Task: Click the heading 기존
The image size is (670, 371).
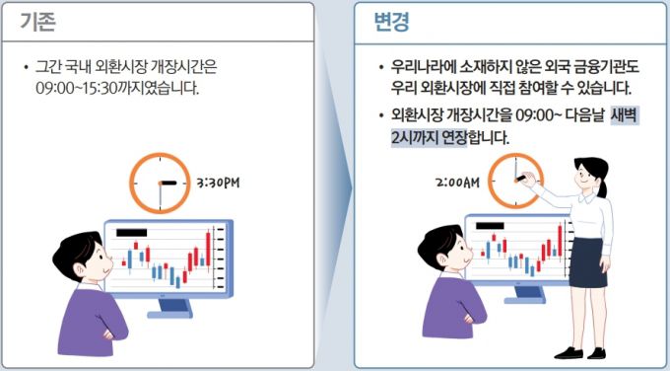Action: (x=38, y=22)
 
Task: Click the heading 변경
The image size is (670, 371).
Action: (x=391, y=22)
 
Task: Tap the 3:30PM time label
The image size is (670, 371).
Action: (x=218, y=184)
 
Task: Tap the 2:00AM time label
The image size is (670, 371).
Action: (x=457, y=183)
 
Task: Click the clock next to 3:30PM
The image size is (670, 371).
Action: (x=160, y=184)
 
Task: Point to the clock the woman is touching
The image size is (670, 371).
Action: (x=515, y=181)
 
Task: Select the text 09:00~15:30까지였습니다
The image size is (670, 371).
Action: (x=117, y=88)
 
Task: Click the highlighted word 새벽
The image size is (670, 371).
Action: (x=625, y=115)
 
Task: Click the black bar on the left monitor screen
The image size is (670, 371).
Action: (x=132, y=233)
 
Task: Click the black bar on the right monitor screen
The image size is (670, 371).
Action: (x=490, y=226)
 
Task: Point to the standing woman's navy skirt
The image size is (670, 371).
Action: (x=588, y=262)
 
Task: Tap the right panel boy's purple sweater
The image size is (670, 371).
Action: (x=454, y=307)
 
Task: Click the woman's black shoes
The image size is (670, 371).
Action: (x=579, y=353)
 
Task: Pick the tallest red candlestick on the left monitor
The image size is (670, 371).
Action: (x=208, y=249)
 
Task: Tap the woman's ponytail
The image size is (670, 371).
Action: (x=603, y=187)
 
